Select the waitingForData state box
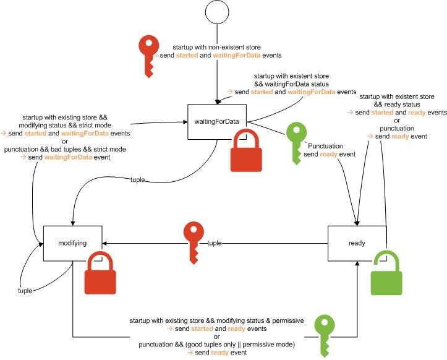pyautogui.click(x=217, y=121)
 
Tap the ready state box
pyautogui.click(x=357, y=243)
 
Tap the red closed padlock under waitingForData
pyautogui.click(x=247, y=151)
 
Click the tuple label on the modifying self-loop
pyautogui.click(x=25, y=290)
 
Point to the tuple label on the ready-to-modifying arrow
pyautogui.click(x=215, y=243)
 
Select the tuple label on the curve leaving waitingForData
pyautogui.click(x=138, y=180)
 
